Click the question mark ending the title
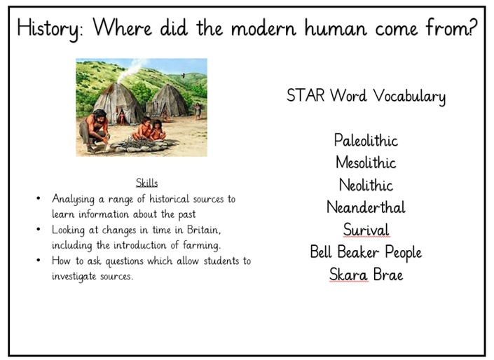click(474, 27)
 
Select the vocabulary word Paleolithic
click(366, 140)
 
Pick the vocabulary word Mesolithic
click(366, 162)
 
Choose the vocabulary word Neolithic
click(366, 185)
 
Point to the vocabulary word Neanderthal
click(366, 207)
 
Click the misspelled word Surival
click(366, 230)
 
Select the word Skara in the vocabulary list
click(348, 275)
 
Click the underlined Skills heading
click(147, 183)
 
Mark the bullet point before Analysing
click(39, 198)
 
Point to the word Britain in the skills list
click(204, 230)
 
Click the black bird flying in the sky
click(183, 75)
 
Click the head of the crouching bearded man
click(100, 116)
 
